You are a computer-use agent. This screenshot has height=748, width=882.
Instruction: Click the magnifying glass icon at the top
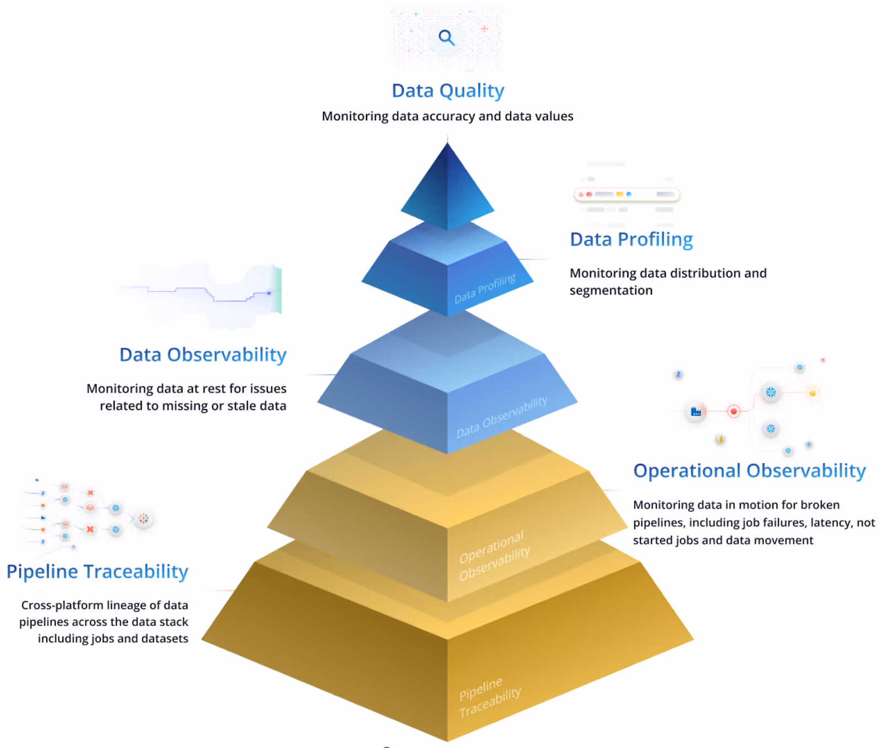[x=446, y=37]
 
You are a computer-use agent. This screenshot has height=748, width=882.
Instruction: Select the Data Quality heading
[x=448, y=91]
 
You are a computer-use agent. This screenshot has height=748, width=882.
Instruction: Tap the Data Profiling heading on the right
[x=631, y=240]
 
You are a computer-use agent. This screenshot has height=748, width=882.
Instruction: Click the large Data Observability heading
[x=203, y=355]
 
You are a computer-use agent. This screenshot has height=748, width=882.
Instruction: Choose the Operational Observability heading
[x=749, y=471]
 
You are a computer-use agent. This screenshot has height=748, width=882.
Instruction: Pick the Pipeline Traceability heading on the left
[x=98, y=572]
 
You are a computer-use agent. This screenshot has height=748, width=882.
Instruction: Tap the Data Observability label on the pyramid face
[x=502, y=417]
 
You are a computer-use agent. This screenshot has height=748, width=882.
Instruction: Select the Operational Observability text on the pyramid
[x=494, y=555]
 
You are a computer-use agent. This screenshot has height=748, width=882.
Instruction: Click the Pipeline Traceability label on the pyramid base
[x=490, y=697]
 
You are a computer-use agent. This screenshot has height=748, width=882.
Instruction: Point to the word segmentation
[x=611, y=290]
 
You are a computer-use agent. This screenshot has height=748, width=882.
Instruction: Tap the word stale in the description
[x=240, y=406]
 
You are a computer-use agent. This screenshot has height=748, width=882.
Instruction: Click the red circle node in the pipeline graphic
[x=733, y=411]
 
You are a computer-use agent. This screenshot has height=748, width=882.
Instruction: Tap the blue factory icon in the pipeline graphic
[x=696, y=412]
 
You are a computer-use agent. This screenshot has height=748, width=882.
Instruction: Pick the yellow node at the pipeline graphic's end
[x=812, y=392]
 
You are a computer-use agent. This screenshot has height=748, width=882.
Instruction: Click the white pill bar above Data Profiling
[x=627, y=195]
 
